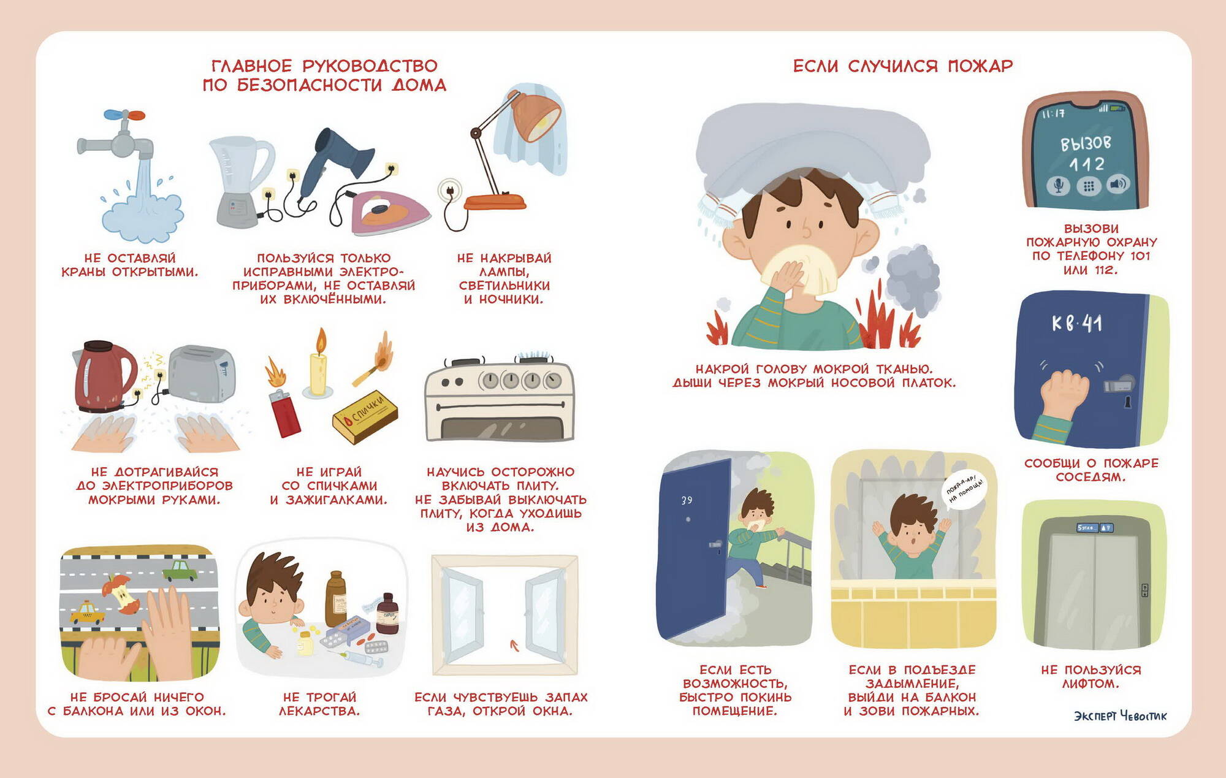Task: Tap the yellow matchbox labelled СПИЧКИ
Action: pos(365,417)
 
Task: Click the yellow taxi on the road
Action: pos(87,612)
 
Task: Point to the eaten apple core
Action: pos(122,593)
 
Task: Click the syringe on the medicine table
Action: pos(359,659)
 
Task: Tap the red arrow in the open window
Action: pos(514,644)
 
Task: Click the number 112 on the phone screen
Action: pos(1086,164)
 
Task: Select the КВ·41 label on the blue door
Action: pos(1076,323)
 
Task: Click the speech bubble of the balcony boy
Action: pos(964,491)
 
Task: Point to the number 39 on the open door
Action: pos(687,500)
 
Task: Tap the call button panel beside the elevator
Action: pos(1144,590)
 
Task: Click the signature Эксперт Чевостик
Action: pos(1121,716)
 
